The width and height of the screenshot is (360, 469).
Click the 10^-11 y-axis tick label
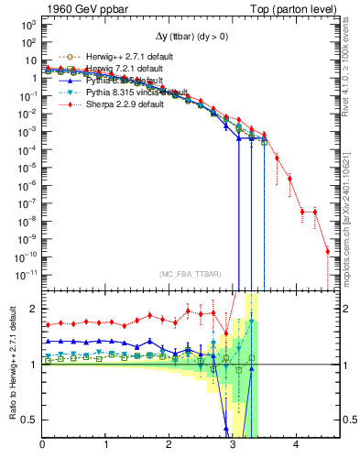click(x=25, y=273)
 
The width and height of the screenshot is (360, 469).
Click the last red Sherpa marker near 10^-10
click(x=327, y=251)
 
